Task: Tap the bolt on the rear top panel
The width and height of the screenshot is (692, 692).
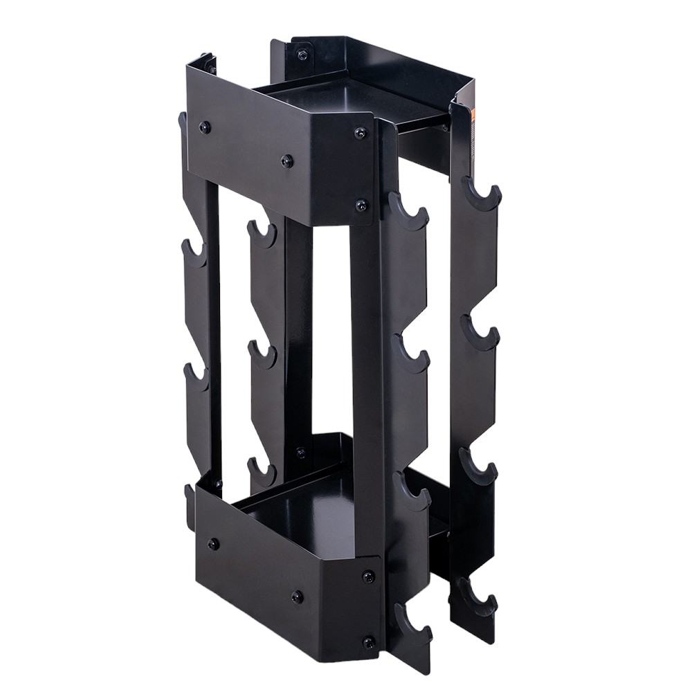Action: (302, 55)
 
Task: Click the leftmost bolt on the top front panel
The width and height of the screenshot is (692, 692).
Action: (205, 127)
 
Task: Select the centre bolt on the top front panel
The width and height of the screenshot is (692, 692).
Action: (286, 161)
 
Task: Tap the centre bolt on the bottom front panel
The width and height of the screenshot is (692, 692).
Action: (298, 596)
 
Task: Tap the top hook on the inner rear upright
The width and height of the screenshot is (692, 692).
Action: (262, 234)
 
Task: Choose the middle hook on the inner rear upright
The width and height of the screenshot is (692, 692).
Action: (263, 355)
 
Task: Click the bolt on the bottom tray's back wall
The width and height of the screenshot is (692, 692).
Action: (300, 453)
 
